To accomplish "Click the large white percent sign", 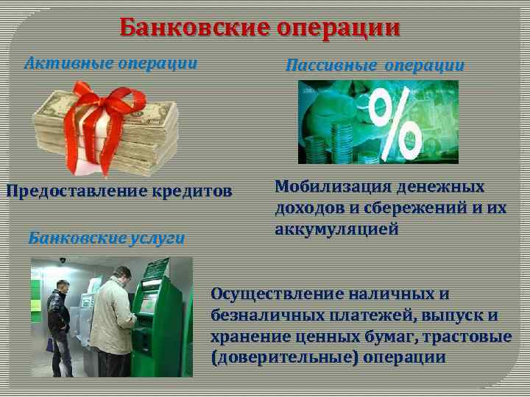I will tap(395, 118).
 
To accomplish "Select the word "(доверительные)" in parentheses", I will tap(283, 358).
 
